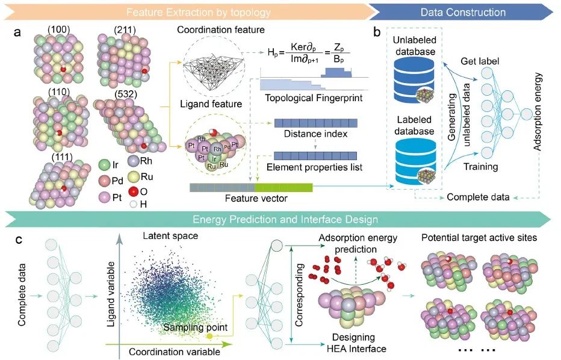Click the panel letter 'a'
[x=17, y=33]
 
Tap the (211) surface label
[x=125, y=29]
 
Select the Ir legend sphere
[x=104, y=164]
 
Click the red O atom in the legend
[x=134, y=192]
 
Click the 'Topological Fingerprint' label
[x=314, y=98]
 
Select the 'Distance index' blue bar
[x=315, y=123]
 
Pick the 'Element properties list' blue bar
[x=315, y=156]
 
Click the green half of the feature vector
[x=284, y=187]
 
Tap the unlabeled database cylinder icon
[x=414, y=80]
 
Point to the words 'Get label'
[x=479, y=61]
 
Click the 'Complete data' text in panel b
[x=478, y=197]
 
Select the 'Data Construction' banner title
[x=463, y=12]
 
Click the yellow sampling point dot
[x=209, y=336]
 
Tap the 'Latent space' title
[x=170, y=236]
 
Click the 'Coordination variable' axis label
[x=174, y=352]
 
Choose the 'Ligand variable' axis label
[x=111, y=294]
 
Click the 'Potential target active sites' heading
[x=479, y=238]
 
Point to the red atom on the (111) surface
[x=64, y=188]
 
